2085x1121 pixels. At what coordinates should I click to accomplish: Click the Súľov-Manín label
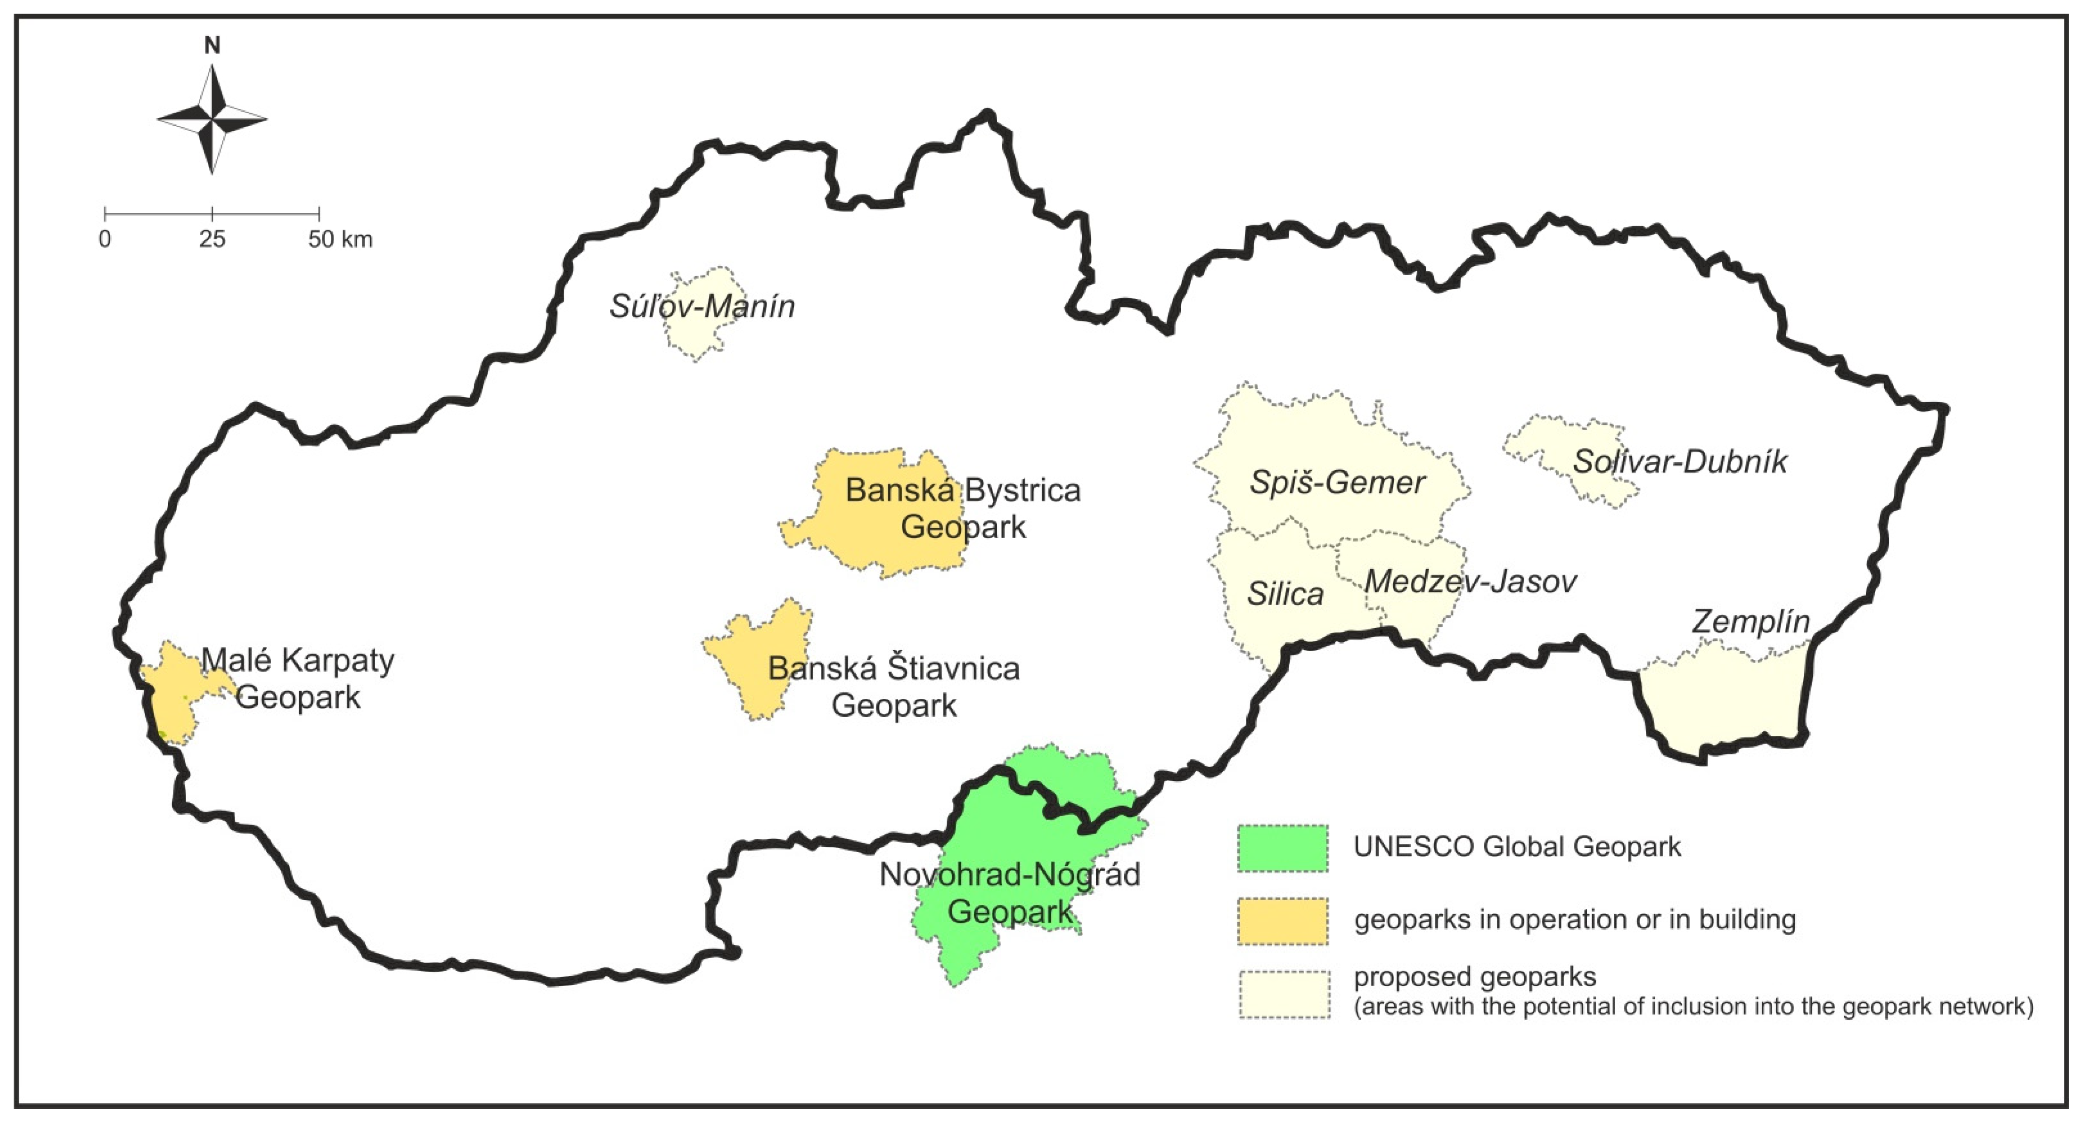pyautogui.click(x=702, y=307)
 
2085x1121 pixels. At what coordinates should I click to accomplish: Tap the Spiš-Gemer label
pyautogui.click(x=1337, y=483)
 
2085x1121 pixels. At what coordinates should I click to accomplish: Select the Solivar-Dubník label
pyautogui.click(x=1679, y=461)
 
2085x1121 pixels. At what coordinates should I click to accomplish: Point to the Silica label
pyautogui.click(x=1284, y=594)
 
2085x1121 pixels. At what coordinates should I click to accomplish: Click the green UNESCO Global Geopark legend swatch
pyautogui.click(x=1283, y=848)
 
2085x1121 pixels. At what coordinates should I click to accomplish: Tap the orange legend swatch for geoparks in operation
pyautogui.click(x=1283, y=921)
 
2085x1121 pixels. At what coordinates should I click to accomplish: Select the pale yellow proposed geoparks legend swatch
pyautogui.click(x=1284, y=994)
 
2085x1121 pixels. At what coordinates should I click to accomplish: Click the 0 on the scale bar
pyautogui.click(x=105, y=239)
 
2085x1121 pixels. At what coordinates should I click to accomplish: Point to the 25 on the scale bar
pyautogui.click(x=212, y=239)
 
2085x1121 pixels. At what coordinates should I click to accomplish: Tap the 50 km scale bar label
pyautogui.click(x=340, y=239)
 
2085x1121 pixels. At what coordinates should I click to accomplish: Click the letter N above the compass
pyautogui.click(x=212, y=45)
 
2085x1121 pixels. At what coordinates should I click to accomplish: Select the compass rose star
pyautogui.click(x=212, y=120)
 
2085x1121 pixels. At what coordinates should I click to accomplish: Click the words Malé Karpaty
pyautogui.click(x=298, y=661)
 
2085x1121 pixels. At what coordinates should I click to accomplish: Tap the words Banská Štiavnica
pyautogui.click(x=893, y=669)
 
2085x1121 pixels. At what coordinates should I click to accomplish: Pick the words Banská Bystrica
pyautogui.click(x=962, y=491)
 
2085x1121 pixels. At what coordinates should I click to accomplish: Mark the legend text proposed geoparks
pyautogui.click(x=1475, y=977)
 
